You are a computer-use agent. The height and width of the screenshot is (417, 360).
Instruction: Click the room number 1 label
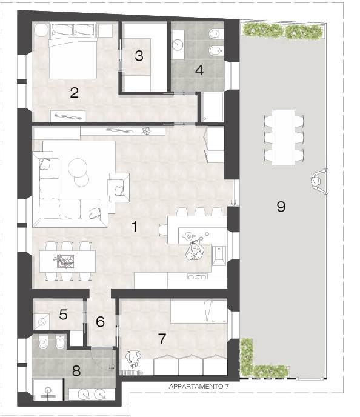tap(135, 227)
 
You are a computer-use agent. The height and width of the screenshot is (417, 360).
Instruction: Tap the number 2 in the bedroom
tap(74, 93)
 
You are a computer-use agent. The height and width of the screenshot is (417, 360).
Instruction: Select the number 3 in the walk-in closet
tap(139, 56)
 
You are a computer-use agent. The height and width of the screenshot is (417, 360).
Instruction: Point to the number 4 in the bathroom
tap(199, 70)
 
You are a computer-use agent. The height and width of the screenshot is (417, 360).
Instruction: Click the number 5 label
tap(63, 315)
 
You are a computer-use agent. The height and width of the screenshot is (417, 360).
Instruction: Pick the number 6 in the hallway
tap(100, 322)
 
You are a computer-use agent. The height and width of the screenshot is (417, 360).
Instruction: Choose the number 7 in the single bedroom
tap(162, 339)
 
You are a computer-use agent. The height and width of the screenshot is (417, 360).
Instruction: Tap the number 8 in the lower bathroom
tap(76, 371)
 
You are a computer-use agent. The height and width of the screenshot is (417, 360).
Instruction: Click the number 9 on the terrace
tap(281, 207)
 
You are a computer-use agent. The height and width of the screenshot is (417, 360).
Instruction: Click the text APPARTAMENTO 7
tap(199, 387)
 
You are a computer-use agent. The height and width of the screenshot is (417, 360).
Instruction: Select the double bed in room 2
tap(73, 52)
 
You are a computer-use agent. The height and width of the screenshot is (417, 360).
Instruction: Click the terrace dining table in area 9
tap(284, 138)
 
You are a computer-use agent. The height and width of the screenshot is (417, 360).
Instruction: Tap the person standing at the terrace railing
tap(319, 182)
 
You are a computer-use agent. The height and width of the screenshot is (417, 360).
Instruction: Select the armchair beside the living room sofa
tap(119, 187)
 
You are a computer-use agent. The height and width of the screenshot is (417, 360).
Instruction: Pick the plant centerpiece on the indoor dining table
tap(64, 261)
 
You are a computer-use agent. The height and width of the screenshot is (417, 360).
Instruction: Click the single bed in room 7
tap(199, 311)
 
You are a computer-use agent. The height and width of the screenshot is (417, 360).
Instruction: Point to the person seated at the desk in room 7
tap(133, 359)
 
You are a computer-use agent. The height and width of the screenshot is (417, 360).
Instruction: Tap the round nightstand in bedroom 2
tap(41, 30)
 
